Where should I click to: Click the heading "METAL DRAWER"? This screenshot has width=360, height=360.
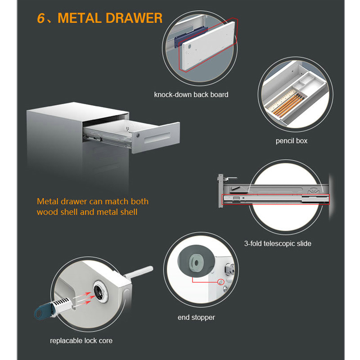(110, 18)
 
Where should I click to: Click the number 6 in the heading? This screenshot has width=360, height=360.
(41, 18)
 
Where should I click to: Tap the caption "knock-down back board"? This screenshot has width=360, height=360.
(191, 94)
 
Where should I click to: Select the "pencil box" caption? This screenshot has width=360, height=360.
(291, 141)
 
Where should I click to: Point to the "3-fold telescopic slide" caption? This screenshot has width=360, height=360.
(278, 243)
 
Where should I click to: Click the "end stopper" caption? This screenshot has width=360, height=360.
(196, 317)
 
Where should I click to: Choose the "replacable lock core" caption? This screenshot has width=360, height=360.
(81, 341)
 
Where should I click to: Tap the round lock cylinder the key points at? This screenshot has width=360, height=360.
(100, 291)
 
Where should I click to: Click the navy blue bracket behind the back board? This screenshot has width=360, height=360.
(191, 36)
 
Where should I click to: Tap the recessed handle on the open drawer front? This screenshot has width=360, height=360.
(157, 137)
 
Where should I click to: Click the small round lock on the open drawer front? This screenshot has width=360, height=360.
(138, 135)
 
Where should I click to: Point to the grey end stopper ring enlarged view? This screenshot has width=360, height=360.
(196, 261)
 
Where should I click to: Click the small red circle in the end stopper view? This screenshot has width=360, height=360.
(220, 282)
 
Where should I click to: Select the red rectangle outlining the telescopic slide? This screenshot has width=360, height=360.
(275, 199)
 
